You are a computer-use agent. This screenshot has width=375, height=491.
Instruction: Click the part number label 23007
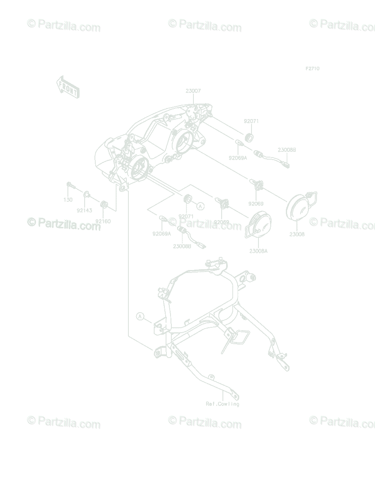[193, 91]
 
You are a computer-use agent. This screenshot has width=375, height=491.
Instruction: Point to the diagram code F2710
[312, 69]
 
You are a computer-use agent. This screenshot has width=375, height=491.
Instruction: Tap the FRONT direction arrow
[67, 87]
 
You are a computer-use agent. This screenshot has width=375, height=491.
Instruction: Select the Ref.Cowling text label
[222, 404]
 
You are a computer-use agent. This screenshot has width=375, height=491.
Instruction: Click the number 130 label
[68, 200]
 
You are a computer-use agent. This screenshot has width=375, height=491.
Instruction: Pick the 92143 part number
[84, 211]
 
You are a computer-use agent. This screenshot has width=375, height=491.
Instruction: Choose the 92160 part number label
[103, 221]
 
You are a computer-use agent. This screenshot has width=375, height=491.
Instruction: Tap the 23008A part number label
[258, 251]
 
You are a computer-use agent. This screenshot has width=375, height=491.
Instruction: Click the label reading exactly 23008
[297, 234]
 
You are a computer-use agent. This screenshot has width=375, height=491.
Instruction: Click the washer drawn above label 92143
[87, 194]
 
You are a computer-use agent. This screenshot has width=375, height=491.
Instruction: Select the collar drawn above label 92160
[104, 203]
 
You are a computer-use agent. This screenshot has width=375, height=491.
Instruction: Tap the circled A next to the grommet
[200, 206]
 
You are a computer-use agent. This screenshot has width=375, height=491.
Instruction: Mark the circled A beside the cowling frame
[140, 316]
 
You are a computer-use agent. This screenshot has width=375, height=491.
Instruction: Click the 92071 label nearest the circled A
[186, 216]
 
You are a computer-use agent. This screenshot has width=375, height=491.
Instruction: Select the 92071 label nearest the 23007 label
[251, 122]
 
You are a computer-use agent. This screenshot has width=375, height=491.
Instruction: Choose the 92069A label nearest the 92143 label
[161, 234]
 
